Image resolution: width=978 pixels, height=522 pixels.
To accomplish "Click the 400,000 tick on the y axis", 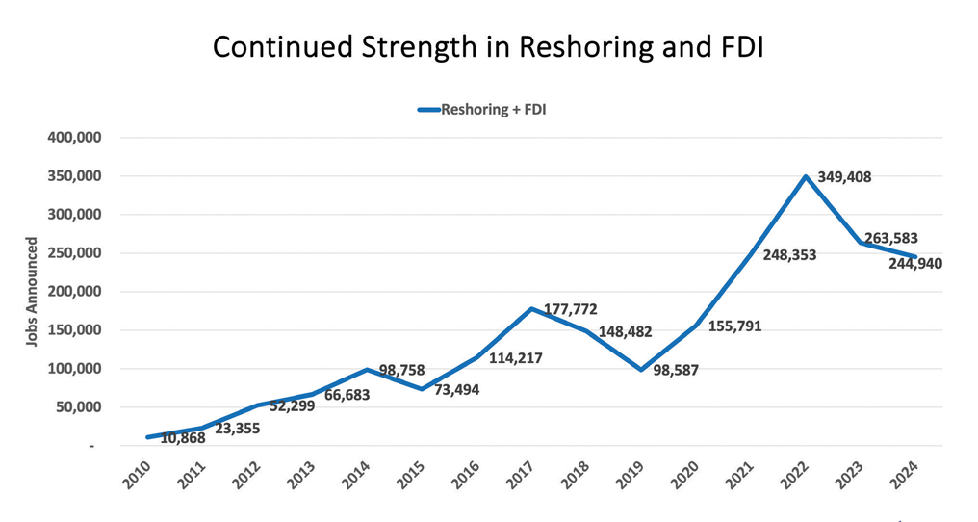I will coord(75,138).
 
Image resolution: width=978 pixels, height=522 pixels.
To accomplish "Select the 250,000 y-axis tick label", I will coord(75,253).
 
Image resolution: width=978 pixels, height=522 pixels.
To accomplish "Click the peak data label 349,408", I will coord(844,177).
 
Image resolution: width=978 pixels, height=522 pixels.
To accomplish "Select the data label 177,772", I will coord(570,309).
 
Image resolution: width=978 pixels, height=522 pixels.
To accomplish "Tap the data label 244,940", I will coord(914,263).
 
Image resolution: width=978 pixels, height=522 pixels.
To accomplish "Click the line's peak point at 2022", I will coord(806,176).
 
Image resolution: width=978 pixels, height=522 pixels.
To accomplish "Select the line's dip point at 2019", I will coord(641,370).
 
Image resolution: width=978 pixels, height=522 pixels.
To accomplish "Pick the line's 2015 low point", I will coord(422,389).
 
